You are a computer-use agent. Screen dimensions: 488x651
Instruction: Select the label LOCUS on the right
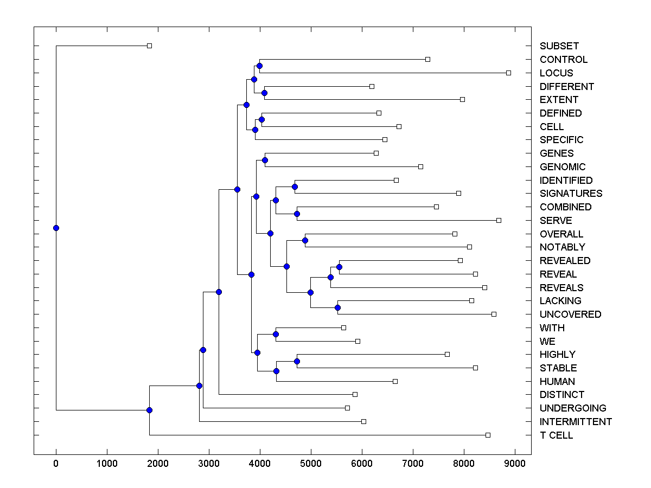(x=556, y=73)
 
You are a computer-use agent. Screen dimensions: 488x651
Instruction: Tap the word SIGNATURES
(x=571, y=194)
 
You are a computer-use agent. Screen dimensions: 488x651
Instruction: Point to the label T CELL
(x=556, y=435)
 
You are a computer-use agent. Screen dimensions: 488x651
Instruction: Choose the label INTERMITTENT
(x=576, y=422)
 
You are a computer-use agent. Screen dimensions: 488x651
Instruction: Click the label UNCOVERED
(x=570, y=314)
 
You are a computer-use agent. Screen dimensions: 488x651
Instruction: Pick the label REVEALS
(x=561, y=287)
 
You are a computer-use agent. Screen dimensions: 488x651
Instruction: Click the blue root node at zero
(x=56, y=228)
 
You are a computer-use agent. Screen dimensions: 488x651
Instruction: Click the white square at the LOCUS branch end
(x=508, y=73)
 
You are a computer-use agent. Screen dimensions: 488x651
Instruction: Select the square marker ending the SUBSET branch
(x=150, y=46)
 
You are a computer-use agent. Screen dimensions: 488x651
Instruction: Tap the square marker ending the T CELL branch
(x=488, y=435)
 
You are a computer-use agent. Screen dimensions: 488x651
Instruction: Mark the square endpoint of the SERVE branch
(x=499, y=220)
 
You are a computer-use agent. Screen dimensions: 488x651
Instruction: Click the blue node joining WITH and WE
(x=276, y=334)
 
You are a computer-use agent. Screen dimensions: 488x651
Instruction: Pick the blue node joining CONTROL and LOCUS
(x=259, y=66)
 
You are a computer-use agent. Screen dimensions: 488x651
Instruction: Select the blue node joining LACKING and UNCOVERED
(x=337, y=307)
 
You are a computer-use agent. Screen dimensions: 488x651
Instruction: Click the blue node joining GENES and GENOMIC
(x=265, y=160)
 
